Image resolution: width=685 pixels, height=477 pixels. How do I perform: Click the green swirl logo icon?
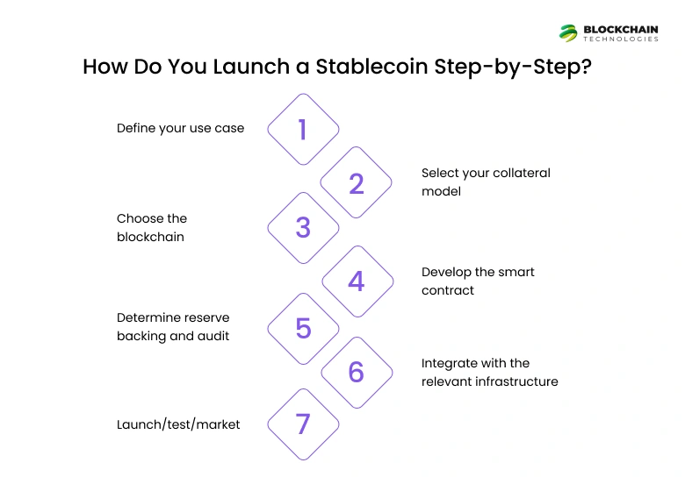click(x=568, y=33)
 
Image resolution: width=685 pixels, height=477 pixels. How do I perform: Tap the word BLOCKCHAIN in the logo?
click(x=621, y=30)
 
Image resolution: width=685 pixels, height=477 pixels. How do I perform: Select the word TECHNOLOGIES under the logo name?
click(x=621, y=39)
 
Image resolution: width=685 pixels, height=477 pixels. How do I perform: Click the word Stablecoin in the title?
click(x=371, y=67)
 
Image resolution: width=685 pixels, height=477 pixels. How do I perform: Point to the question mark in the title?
click(x=586, y=67)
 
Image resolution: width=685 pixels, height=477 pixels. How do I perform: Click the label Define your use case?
click(x=180, y=128)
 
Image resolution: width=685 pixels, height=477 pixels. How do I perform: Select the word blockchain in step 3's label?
click(x=150, y=237)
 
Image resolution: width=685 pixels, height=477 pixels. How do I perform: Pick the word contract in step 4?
click(x=448, y=290)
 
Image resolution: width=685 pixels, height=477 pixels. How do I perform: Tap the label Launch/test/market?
click(x=178, y=424)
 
